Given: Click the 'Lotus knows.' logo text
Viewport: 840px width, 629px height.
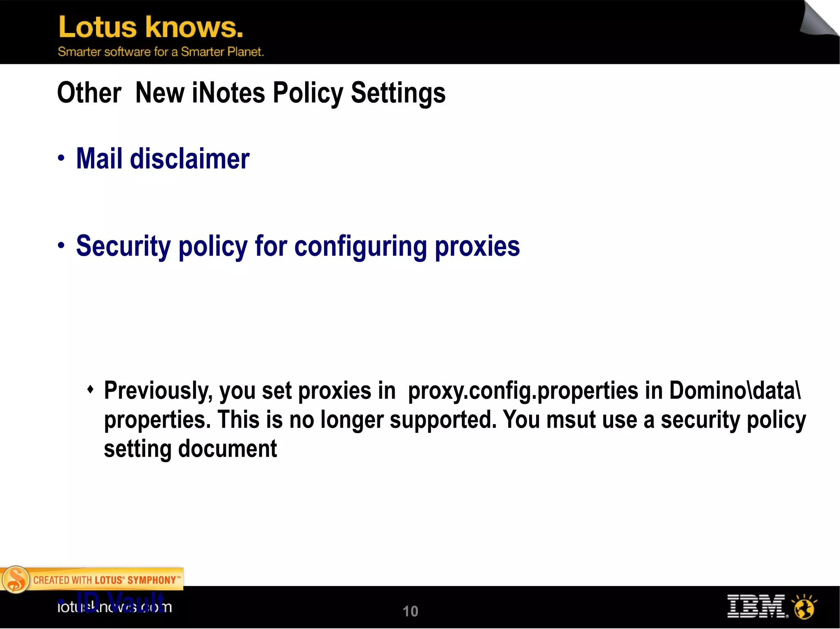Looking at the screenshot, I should pyautogui.click(x=151, y=27).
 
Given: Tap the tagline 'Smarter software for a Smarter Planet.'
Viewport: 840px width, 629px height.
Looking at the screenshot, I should pyautogui.click(x=160, y=52).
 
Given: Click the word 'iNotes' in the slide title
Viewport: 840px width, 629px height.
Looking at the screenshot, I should pyautogui.click(x=228, y=93).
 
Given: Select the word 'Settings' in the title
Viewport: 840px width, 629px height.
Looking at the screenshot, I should pyautogui.click(x=398, y=93).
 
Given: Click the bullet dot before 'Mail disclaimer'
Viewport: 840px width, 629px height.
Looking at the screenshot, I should pyautogui.click(x=61, y=158).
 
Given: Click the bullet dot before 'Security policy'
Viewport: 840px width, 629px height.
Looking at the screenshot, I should pyautogui.click(x=61, y=245).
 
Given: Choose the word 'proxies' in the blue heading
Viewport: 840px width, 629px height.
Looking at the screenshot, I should pyautogui.click(x=477, y=246).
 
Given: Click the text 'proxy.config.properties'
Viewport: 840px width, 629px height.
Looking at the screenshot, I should pyautogui.click(x=523, y=391).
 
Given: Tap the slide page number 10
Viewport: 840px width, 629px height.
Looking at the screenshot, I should pyautogui.click(x=410, y=611).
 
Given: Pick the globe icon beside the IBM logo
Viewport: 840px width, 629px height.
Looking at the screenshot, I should pyautogui.click(x=804, y=607).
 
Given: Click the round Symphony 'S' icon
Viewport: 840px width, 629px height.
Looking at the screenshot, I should pyautogui.click(x=16, y=579).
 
